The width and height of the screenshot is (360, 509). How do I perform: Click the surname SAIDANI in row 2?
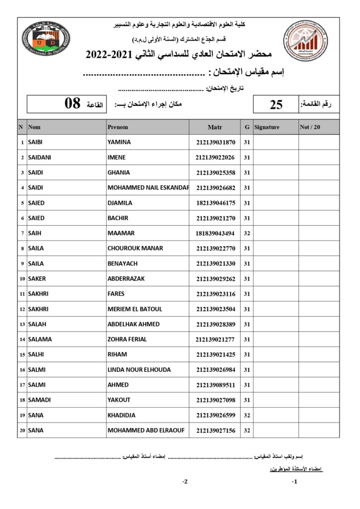tap(40, 158)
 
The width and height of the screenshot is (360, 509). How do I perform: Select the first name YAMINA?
tap(119, 142)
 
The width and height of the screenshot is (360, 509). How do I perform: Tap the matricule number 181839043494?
tap(215, 233)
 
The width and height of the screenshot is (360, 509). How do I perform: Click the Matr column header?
tap(215, 127)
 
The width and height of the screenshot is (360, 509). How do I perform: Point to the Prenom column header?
tap(118, 127)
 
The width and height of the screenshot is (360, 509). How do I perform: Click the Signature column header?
tap(267, 127)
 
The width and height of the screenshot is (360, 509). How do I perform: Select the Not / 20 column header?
tap(310, 127)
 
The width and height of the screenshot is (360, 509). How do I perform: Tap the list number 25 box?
tap(276, 104)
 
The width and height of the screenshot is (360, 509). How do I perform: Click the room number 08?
tap(73, 103)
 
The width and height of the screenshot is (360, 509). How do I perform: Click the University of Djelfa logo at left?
tap(46, 38)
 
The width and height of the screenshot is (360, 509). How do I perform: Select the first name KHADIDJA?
tap(121, 415)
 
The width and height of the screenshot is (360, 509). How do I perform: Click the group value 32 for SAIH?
tap(247, 233)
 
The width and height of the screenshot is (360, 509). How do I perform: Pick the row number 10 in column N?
tap(22, 279)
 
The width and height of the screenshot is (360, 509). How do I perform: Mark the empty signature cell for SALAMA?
tap(275, 339)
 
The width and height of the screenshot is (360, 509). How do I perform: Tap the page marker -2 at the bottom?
tap(184, 482)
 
